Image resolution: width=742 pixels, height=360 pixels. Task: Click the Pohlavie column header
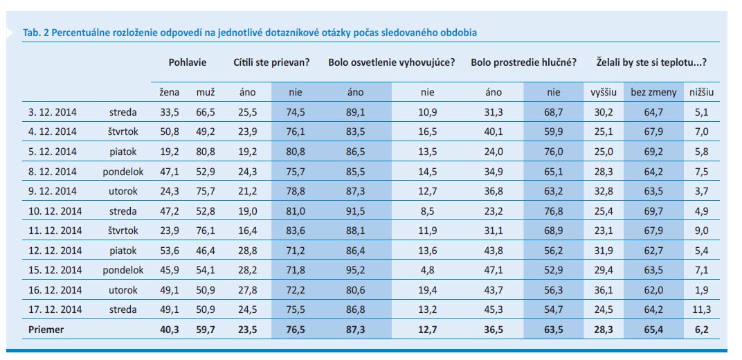coord(187,62)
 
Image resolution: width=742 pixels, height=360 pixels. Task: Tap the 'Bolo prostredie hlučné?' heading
coord(524,62)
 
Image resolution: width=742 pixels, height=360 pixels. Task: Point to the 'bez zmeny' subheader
coord(649,92)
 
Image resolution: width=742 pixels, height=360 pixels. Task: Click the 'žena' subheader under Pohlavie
coord(169,92)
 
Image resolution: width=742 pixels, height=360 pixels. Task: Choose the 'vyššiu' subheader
coord(604,92)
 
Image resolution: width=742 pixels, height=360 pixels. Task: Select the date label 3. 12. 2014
coord(53,111)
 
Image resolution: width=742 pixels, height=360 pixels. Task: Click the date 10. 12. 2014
coord(55,211)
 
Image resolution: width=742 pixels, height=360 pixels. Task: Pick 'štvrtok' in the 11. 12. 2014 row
coord(123,231)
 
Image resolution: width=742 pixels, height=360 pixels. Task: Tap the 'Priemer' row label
coord(46,330)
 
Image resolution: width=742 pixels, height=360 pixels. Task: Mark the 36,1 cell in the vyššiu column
coord(604,291)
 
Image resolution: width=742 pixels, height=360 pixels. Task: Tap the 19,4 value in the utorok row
coord(427,291)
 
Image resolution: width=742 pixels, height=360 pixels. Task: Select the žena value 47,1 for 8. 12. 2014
coord(169,172)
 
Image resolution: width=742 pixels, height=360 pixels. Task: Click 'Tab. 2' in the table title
coord(35,33)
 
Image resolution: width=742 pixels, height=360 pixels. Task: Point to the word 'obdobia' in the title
coord(458,33)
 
